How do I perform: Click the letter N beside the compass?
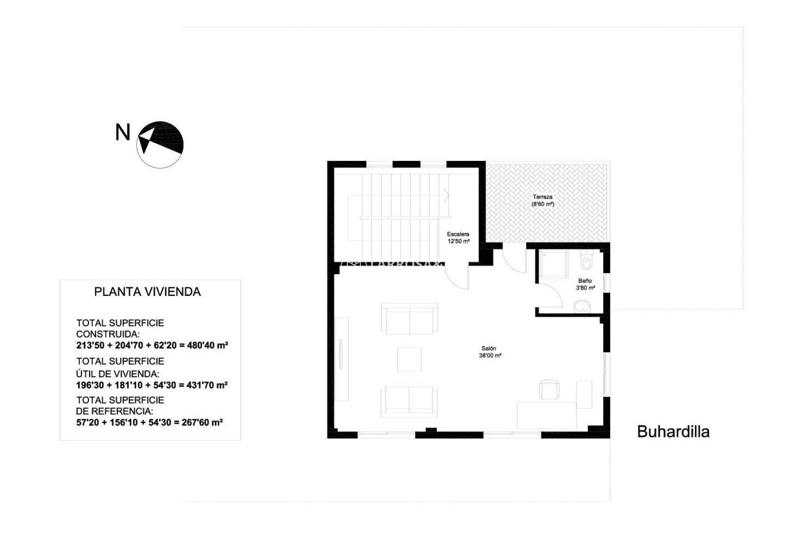[x=123, y=133]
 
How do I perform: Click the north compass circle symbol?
[x=160, y=145]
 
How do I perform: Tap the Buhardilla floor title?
[x=673, y=432]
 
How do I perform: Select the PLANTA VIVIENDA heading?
[x=147, y=292]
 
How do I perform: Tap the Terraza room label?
[x=542, y=201]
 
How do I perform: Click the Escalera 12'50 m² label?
[x=458, y=238]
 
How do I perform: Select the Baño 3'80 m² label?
[x=585, y=284]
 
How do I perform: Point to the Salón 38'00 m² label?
[x=490, y=352]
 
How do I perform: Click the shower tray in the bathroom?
[x=552, y=265]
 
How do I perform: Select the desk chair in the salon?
[x=549, y=389]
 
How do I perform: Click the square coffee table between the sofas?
[x=409, y=359]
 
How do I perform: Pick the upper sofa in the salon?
[x=409, y=319]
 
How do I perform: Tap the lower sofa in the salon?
[x=409, y=402]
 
